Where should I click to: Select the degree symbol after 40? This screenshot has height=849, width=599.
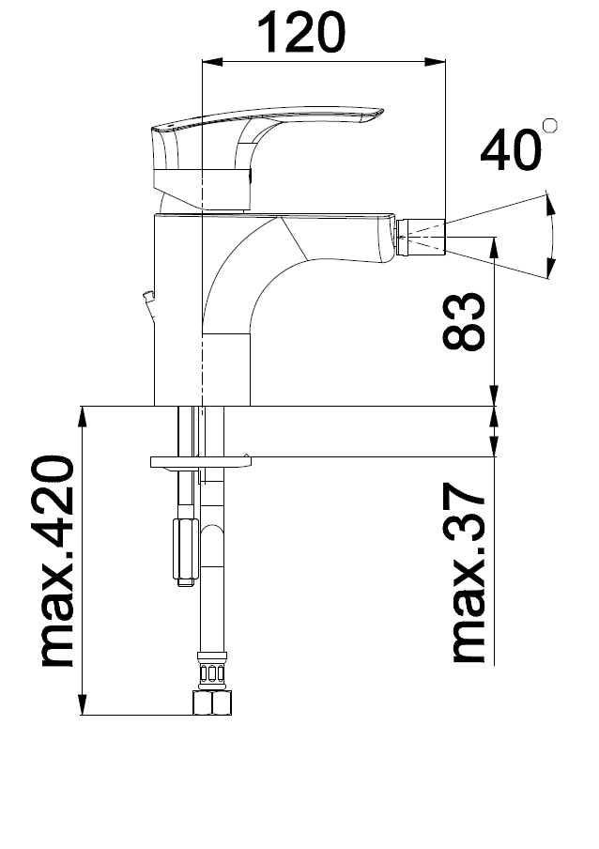click(550, 125)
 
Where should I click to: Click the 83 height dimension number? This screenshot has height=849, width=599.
click(464, 322)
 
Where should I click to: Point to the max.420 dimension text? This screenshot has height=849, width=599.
click(57, 562)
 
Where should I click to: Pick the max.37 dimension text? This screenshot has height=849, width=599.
click(467, 574)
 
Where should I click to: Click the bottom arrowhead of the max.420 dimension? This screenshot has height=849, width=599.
click(84, 709)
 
